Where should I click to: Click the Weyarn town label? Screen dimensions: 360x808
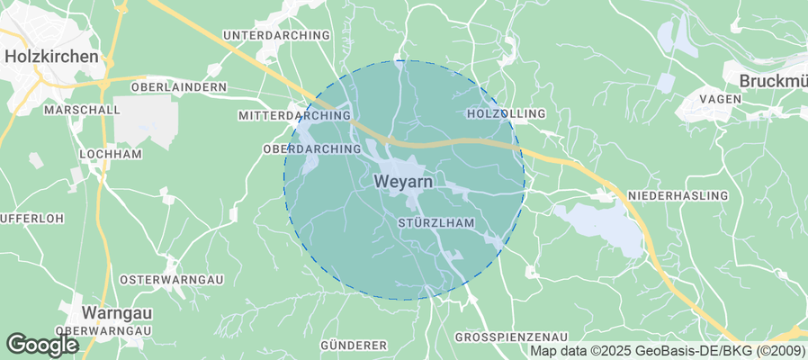[402, 182]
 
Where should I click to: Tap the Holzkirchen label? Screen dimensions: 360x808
[51, 56]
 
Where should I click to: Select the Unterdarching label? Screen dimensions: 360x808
[276, 35]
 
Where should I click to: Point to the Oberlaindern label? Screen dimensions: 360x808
[178, 86]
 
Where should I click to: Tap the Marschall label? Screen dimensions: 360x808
[82, 110]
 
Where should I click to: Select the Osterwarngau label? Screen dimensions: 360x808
[170, 279]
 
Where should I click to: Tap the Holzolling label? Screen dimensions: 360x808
[507, 114]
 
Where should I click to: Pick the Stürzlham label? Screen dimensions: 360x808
[435, 221]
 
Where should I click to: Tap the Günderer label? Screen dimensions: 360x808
[353, 345]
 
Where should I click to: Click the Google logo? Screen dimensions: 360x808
[41, 344]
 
